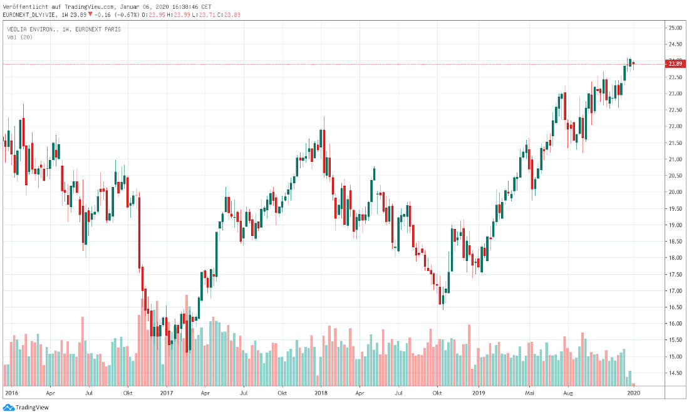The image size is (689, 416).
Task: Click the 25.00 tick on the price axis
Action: coord(675,28)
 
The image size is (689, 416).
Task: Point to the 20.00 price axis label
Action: coord(675,192)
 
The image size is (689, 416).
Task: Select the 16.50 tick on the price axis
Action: coord(675,307)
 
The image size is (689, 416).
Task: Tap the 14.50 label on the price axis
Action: coord(675,373)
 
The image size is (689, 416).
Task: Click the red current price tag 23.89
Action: coord(675,64)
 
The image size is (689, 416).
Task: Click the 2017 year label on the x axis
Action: coord(167,393)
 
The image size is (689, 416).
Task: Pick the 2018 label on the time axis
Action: coord(321,393)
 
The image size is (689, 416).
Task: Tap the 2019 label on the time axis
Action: coord(479,393)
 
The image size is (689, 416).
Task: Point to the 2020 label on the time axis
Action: coord(634,393)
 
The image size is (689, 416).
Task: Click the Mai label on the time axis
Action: coord(530,393)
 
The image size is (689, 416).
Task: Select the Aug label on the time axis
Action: coord(569,393)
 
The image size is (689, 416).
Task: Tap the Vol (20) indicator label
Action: coord(20,37)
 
